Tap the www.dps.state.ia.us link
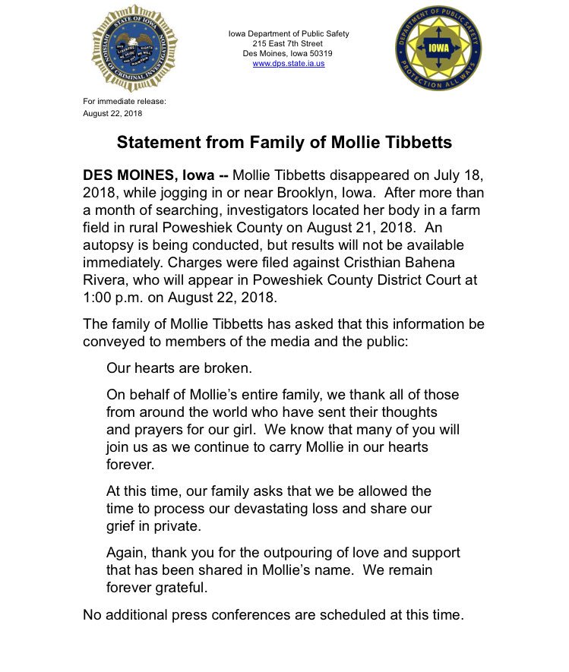[289, 64]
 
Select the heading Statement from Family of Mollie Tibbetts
[284, 143]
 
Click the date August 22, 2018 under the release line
[112, 114]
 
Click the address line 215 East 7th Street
[289, 44]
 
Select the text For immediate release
[124, 101]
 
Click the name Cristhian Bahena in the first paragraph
[412, 263]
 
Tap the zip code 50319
[319, 54]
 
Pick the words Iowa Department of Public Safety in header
[289, 34]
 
